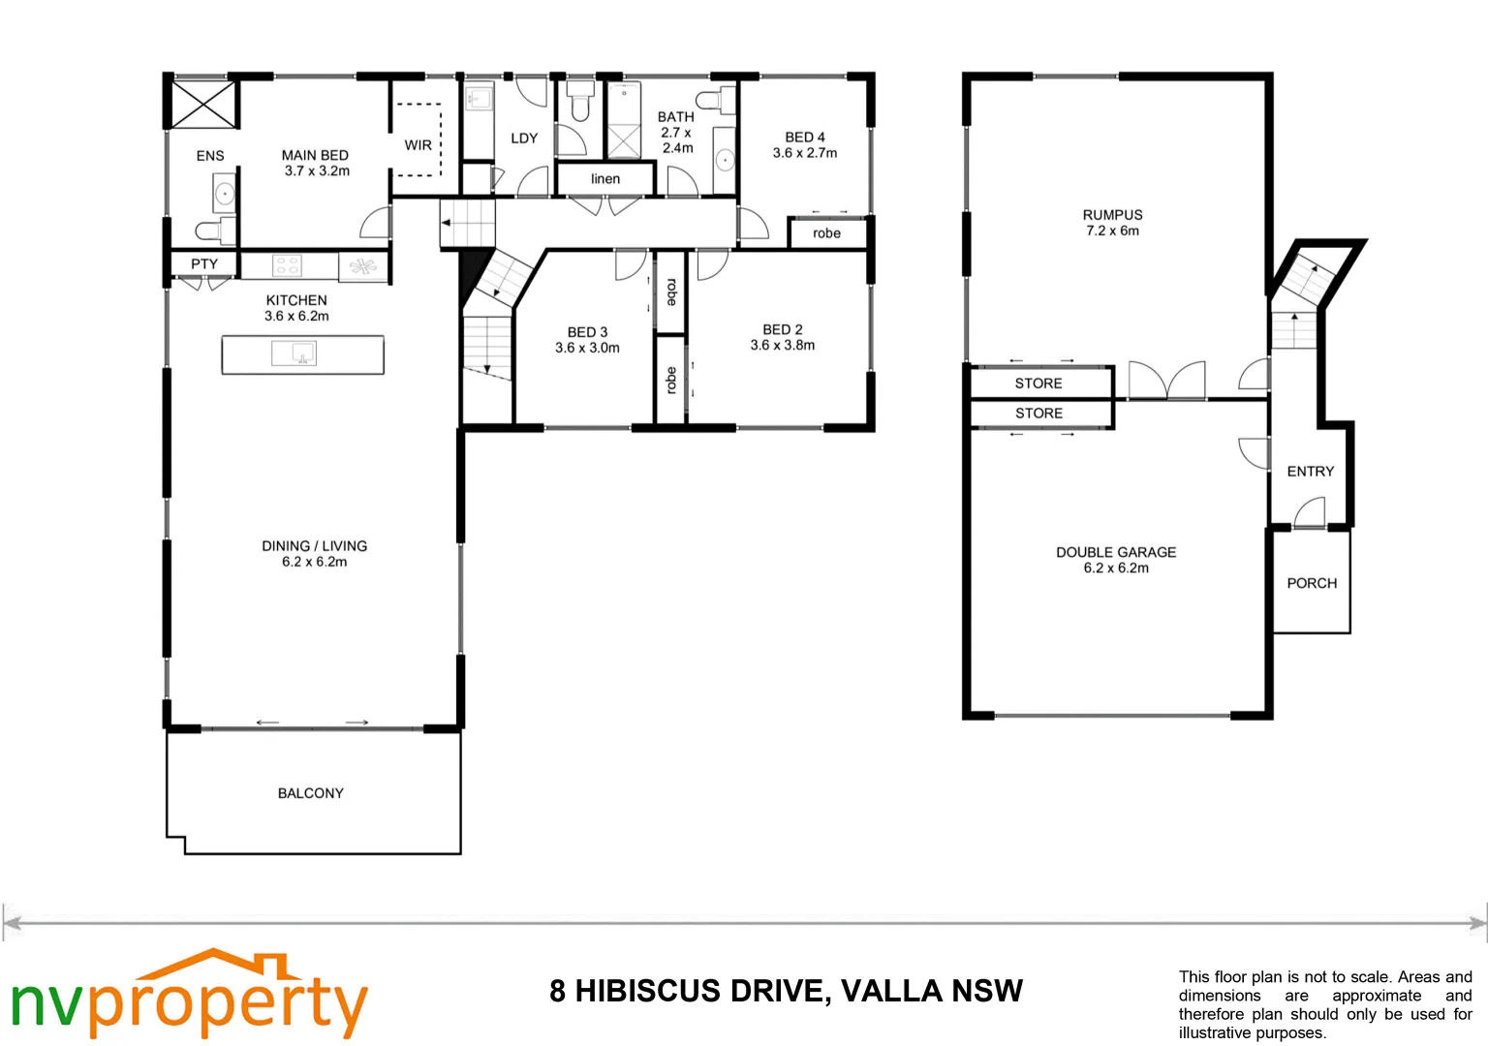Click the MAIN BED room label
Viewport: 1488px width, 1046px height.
pos(315,155)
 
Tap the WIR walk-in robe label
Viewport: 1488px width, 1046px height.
pos(418,145)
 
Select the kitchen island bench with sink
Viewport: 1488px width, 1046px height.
pos(303,354)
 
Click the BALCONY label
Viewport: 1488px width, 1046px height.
pos(310,793)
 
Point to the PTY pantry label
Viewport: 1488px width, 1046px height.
pos(204,263)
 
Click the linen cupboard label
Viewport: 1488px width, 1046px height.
pos(605,178)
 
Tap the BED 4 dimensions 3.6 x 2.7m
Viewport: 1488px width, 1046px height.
pos(805,153)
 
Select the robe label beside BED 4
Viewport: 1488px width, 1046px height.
pos(826,233)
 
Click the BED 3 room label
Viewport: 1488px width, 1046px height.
pos(587,332)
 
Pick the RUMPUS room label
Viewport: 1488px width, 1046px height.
pos(1112,215)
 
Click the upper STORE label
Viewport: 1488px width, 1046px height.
pos(1038,384)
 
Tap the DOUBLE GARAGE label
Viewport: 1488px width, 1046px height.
pos(1116,552)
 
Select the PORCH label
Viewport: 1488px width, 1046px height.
pos(1312,583)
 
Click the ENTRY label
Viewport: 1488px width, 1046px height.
pos(1310,472)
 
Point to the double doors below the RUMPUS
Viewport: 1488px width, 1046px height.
pos(1167,381)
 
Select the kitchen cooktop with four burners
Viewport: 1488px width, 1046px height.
pos(287,264)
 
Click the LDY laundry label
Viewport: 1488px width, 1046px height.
pos(524,138)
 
